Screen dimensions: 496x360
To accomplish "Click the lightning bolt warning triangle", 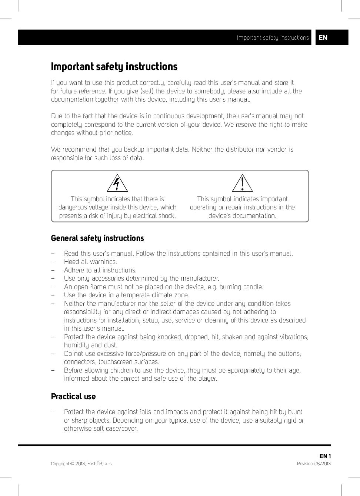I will point(117,183).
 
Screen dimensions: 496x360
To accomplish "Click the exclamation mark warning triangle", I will point(242,183).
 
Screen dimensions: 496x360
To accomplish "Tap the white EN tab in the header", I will point(323,37).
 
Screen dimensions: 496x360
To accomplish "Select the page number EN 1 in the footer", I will point(325,456).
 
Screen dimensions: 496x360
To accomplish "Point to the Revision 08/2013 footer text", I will point(314,464).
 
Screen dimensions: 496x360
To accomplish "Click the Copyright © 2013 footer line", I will point(81,464).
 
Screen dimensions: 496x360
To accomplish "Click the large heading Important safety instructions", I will point(114,67).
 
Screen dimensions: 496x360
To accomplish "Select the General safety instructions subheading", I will point(97,238).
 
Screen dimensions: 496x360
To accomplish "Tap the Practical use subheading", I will point(73,396).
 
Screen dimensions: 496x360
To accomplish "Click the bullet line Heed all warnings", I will point(90,262).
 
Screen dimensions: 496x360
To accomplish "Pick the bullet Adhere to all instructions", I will point(100,270).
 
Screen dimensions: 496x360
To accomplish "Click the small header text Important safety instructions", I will point(273,37).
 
